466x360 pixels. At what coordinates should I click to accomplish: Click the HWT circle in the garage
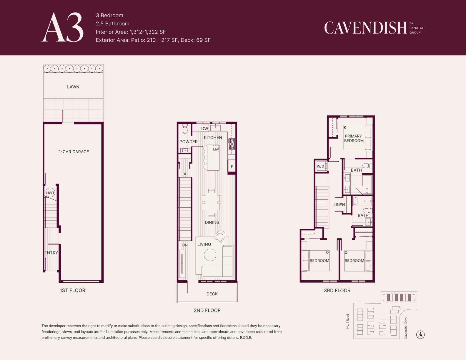pos(50,193)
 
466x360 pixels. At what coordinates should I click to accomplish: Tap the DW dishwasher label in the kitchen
pos(205,129)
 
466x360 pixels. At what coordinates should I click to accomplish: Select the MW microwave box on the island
pos(216,149)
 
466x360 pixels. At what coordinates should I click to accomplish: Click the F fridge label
pos(232,167)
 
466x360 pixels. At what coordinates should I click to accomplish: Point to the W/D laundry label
pos(320,166)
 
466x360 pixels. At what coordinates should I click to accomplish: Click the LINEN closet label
pos(339,205)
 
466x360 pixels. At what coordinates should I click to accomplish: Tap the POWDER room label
pos(189,142)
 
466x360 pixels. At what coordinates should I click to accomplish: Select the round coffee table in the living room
pos(210,255)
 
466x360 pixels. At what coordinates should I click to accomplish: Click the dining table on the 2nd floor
pos(212,202)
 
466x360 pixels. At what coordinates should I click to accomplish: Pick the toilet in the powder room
pos(185,129)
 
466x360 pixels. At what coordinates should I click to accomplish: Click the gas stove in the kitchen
pos(232,144)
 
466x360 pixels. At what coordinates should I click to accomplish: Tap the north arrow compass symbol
pos(420,334)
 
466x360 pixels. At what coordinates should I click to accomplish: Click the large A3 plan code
pos(63,27)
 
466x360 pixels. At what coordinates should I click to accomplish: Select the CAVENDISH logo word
pos(365,28)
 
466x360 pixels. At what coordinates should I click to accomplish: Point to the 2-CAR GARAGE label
pos(74,152)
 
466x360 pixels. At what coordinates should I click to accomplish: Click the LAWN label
pos(73,87)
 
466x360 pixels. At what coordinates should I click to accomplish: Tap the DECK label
pos(212,294)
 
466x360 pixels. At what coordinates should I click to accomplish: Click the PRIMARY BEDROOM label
pos(354,138)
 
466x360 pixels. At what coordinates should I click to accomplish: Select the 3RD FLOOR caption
pos(337,291)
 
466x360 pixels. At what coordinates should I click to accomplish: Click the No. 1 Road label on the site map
pos(348,321)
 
